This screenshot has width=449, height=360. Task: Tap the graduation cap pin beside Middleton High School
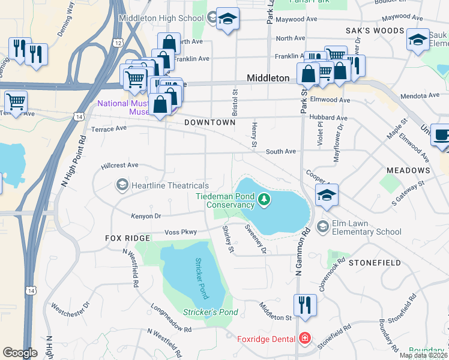[x=228, y=19]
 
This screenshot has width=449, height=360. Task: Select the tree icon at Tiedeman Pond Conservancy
[x=263, y=199]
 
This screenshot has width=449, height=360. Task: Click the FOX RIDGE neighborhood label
[x=127, y=238]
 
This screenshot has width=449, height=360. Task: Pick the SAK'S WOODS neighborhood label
[x=375, y=30]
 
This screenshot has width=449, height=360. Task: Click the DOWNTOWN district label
[x=209, y=122]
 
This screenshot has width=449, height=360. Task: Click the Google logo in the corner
[x=20, y=353]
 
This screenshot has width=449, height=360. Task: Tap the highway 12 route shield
[x=117, y=43]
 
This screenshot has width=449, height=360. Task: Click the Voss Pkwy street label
[x=181, y=232]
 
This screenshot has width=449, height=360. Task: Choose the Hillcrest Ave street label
[x=120, y=165]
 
